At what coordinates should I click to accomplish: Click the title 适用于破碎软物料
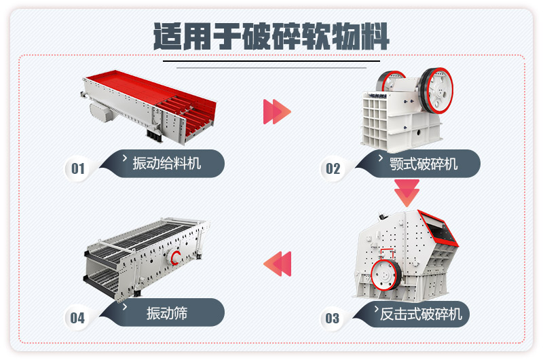271,35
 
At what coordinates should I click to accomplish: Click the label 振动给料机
166,163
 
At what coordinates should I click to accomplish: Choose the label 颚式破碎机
424,164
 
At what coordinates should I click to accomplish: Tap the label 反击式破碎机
421,313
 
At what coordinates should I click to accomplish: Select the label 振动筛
166,313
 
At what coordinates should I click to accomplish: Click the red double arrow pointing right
277,111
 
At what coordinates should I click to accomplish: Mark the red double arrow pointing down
407,193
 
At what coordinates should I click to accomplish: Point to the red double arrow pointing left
277,263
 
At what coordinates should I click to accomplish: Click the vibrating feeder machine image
153,105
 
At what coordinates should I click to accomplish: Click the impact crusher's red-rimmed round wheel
386,277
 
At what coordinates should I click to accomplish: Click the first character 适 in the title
168,35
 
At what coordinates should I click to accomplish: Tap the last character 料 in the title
375,35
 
